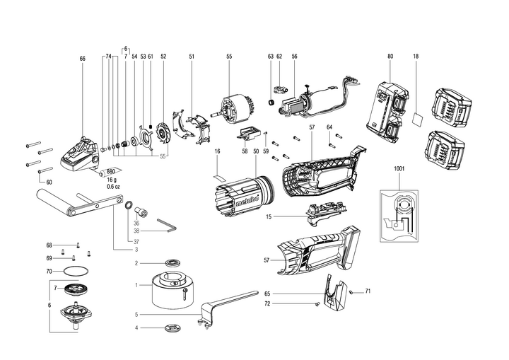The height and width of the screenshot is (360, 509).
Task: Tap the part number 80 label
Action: pos(390,55)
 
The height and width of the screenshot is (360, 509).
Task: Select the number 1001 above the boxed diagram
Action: pos(400,169)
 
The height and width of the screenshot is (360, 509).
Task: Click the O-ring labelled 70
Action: pos(76,271)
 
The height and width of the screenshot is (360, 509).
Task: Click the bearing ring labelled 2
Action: pos(172,263)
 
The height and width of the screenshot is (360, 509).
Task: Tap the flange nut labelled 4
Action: pos(172,327)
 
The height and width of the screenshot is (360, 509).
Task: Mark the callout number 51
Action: pos(192,55)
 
